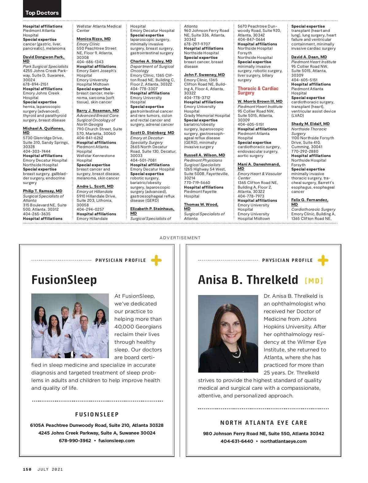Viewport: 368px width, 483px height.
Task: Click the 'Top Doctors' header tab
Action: (x=42, y=13)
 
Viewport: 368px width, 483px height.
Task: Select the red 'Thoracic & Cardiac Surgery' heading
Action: (x=258, y=90)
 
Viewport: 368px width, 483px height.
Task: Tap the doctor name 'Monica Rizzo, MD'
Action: (x=94, y=39)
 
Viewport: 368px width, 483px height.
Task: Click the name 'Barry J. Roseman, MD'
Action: (x=98, y=111)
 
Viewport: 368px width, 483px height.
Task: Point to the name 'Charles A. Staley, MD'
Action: (x=151, y=61)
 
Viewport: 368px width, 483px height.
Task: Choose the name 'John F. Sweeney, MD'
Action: (x=204, y=75)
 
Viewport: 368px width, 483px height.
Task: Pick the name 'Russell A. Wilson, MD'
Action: (x=204, y=155)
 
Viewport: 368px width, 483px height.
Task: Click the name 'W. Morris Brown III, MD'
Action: (x=260, y=102)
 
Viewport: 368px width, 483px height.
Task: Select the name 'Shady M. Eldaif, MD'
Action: (x=310, y=124)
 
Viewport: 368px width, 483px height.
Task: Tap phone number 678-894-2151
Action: (x=36, y=84)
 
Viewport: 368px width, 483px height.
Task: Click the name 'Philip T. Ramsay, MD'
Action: (x=42, y=191)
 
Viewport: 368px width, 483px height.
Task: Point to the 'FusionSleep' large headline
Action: (x=64, y=280)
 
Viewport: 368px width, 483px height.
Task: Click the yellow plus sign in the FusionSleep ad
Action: (x=156, y=260)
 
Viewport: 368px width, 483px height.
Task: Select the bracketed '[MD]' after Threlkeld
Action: (x=314, y=281)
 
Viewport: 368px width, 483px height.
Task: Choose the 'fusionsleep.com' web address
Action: (x=116, y=441)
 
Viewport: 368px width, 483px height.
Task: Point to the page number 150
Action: (x=27, y=469)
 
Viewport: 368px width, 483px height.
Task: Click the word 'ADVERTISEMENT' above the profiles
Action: (x=180, y=238)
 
